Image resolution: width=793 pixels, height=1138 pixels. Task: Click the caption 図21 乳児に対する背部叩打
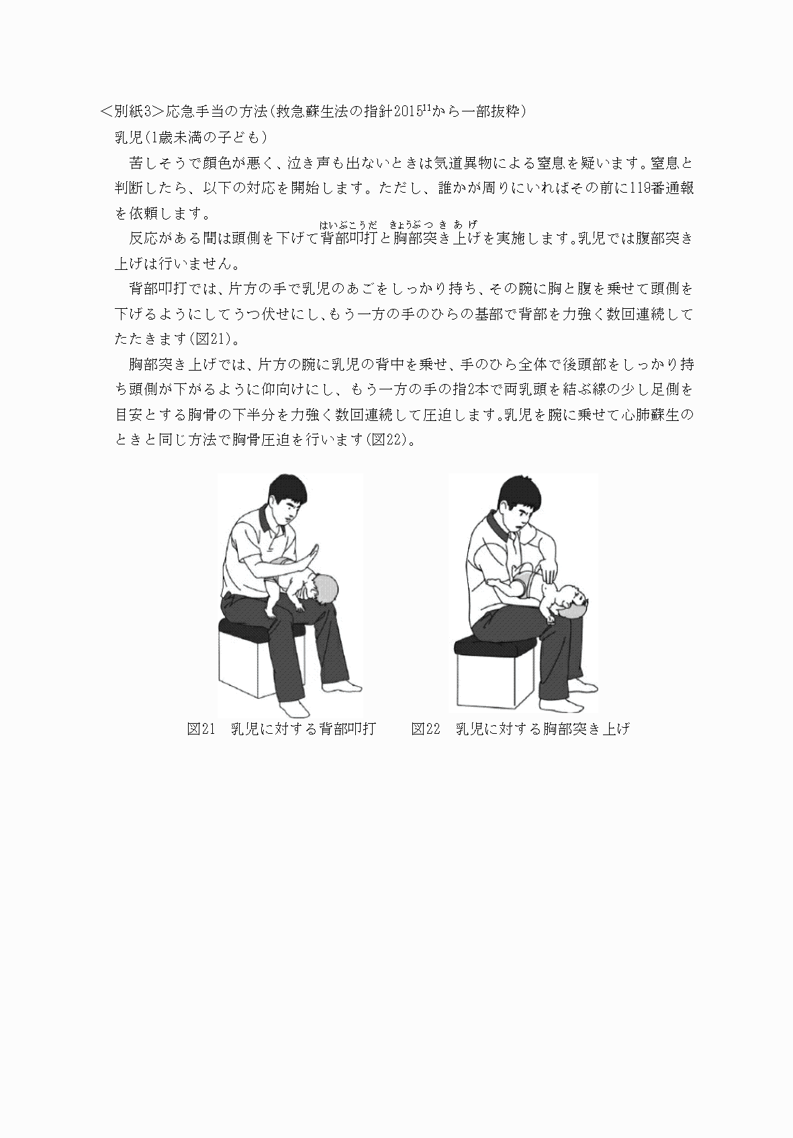pyautogui.click(x=281, y=729)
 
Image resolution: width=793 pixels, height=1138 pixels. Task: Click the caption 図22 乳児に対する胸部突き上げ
pyautogui.click(x=520, y=729)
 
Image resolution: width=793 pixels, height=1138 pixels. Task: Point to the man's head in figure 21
pyautogui.click(x=287, y=500)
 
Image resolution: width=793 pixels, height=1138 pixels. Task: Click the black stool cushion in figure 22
pyautogui.click(x=485, y=645)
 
